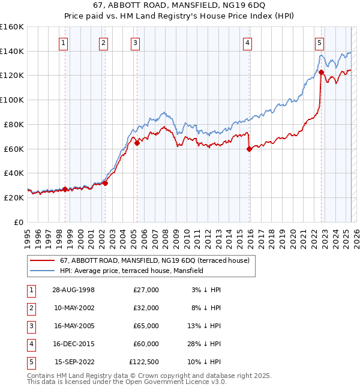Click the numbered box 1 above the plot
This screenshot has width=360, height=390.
63,43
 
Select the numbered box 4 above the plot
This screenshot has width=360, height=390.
247,43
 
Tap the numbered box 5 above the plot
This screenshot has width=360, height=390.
319,43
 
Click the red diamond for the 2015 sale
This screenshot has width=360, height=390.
249,149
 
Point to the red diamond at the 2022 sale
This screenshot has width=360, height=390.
321,72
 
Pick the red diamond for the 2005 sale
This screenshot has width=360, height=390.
137,143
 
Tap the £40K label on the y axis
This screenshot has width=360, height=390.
13,173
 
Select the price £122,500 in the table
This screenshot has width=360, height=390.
144,362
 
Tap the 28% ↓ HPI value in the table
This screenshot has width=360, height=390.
206,344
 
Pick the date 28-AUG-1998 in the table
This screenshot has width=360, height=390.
73,290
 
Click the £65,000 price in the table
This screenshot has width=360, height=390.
146,326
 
